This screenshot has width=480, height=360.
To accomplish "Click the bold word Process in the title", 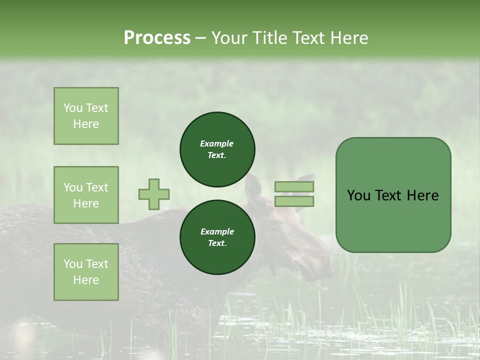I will click(157, 37).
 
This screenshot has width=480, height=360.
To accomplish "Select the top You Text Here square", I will click(86, 116).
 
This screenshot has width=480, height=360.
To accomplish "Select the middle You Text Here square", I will click(86, 195).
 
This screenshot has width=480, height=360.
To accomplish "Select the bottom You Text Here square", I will click(86, 271).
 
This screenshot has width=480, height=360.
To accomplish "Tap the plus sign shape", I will click(154, 194).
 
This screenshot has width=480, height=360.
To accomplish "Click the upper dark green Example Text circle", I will click(217, 149).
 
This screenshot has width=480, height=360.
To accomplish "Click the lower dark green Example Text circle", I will click(217, 237).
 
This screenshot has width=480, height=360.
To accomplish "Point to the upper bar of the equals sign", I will click(294, 187).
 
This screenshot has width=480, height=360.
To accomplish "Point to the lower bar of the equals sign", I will click(294, 201).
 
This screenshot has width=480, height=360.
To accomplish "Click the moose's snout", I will click(320, 270).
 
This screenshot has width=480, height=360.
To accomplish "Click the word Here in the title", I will click(347, 37).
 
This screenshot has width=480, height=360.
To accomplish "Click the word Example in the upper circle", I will click(216, 143).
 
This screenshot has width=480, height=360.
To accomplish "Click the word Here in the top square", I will click(86, 124).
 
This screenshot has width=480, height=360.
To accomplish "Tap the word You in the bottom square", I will click(73, 263).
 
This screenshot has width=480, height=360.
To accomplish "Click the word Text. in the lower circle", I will click(217, 243).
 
